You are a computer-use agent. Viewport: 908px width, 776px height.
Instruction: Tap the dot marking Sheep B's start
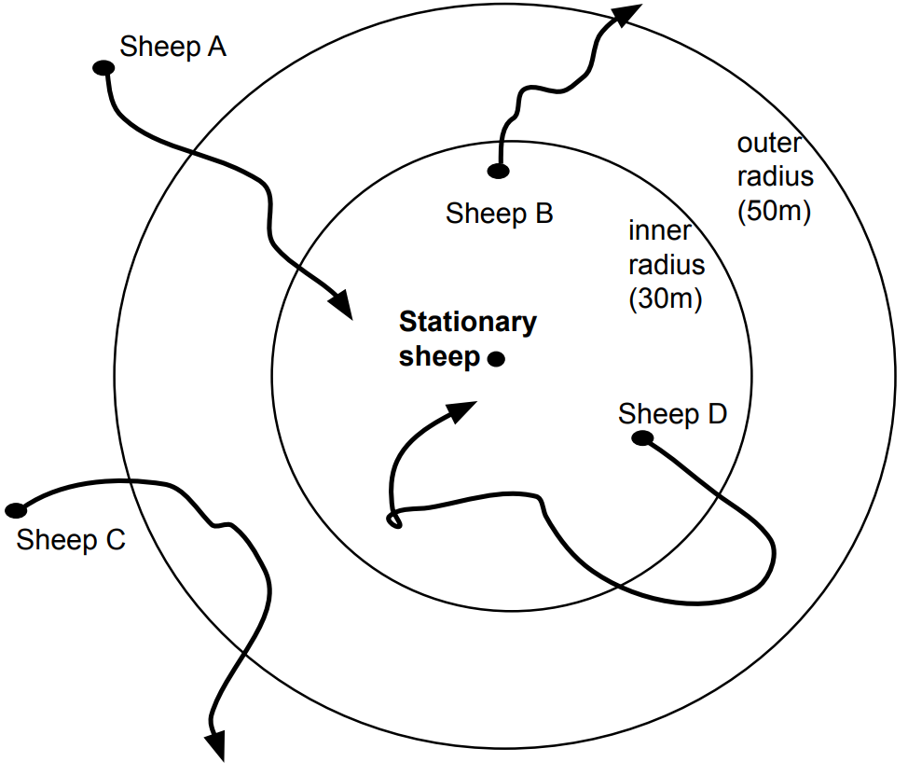(x=499, y=171)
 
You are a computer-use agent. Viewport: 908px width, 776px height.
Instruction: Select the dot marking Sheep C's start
(x=16, y=510)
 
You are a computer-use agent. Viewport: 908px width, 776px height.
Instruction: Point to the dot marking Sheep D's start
(x=640, y=437)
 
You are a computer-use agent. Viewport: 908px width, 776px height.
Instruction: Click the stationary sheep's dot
(x=496, y=359)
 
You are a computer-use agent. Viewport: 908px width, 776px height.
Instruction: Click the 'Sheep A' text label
(x=173, y=47)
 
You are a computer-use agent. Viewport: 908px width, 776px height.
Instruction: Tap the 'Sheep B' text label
(x=500, y=214)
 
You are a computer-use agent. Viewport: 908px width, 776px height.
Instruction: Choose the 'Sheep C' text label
(x=71, y=540)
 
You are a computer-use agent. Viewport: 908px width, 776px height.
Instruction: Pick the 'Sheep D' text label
(x=672, y=413)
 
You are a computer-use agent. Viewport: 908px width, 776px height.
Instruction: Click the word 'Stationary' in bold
(x=468, y=323)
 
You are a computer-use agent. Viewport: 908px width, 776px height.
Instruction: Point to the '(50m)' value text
(x=774, y=211)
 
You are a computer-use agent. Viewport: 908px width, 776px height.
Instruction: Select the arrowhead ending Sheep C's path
(x=215, y=743)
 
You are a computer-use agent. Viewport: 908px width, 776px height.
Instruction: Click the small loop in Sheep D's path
(x=394, y=520)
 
